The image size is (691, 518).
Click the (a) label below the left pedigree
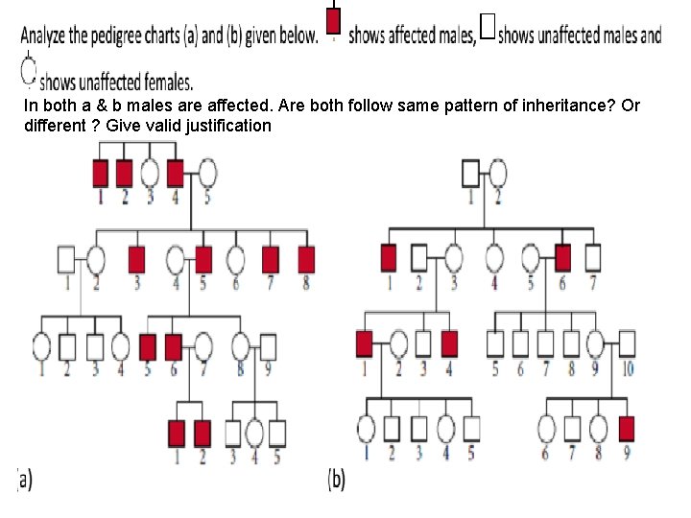coord(24,479)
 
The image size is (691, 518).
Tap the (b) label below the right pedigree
coord(337,479)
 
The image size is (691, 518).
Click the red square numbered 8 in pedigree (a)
coord(307,258)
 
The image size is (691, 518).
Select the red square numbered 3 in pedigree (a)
coord(136,258)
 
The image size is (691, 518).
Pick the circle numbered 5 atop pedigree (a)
coord(207,173)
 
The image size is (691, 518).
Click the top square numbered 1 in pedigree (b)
coord(470,173)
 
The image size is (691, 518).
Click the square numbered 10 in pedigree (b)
coord(627,342)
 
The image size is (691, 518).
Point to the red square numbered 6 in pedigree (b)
coord(563,258)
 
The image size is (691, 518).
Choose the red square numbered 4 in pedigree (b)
coord(449,342)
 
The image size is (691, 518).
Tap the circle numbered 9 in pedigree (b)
coord(595,342)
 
